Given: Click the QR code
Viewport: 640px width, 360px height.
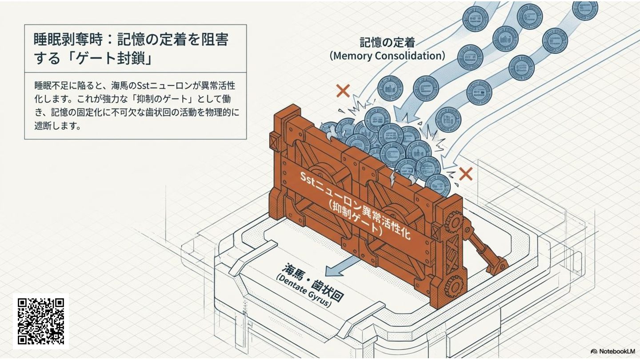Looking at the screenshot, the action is pyautogui.click(x=41, y=321).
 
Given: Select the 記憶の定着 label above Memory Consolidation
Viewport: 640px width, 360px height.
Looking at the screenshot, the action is pyautogui.click(x=387, y=43).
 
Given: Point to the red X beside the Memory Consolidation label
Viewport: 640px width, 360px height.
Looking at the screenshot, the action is pyautogui.click(x=343, y=91).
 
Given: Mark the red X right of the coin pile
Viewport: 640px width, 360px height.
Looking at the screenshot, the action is pyautogui.click(x=465, y=174).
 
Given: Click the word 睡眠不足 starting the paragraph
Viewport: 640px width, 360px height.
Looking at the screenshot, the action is pyautogui.click(x=48, y=85).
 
